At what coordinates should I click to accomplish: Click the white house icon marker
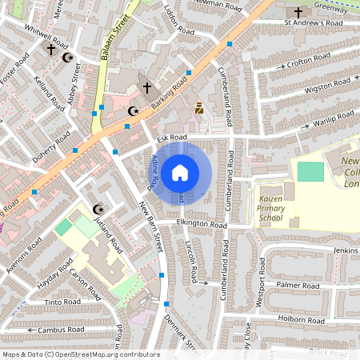[x=180, y=173]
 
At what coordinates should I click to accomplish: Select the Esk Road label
[x=172, y=138]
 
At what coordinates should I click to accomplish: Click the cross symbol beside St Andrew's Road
[x=298, y=12]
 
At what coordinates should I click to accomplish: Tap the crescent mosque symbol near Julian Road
[x=98, y=209]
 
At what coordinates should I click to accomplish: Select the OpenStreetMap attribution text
[x=81, y=354]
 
